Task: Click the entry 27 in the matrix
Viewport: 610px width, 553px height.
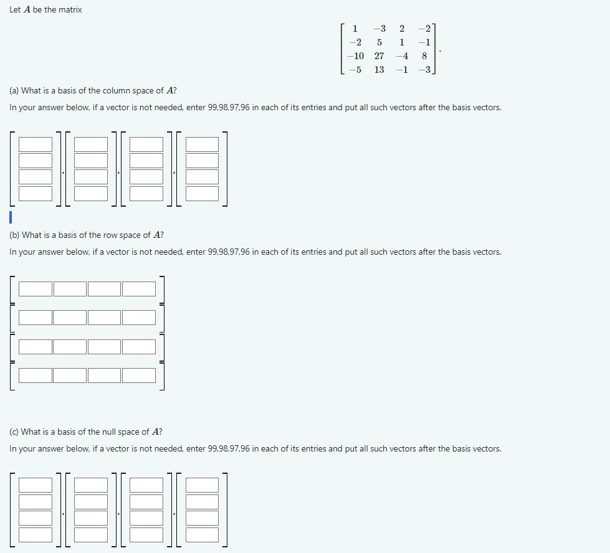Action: pyautogui.click(x=379, y=56)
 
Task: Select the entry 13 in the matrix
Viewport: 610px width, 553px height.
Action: pyautogui.click(x=379, y=70)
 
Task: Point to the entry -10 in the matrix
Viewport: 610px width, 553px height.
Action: pyautogui.click(x=355, y=56)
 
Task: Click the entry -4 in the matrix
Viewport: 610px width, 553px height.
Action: pyautogui.click(x=402, y=56)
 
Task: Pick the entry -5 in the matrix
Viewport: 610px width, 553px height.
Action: pyautogui.click(x=355, y=70)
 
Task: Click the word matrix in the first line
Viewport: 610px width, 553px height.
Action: pyautogui.click(x=70, y=10)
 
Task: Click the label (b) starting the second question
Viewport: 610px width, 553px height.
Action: pyautogui.click(x=14, y=235)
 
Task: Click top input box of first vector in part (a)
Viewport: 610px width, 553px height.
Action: pyautogui.click(x=36, y=144)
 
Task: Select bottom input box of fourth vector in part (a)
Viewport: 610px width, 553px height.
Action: pyautogui.click(x=202, y=193)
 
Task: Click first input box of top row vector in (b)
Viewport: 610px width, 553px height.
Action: pyautogui.click(x=36, y=289)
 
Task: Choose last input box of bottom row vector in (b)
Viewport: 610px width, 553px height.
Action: pyautogui.click(x=139, y=376)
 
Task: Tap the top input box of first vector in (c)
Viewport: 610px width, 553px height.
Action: pyautogui.click(x=36, y=485)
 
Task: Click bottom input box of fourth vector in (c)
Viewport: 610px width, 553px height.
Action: pyautogui.click(x=202, y=534)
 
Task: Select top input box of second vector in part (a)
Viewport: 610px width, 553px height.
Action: pyautogui.click(x=91, y=144)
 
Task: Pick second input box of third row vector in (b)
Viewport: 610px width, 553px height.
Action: pyautogui.click(x=70, y=347)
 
